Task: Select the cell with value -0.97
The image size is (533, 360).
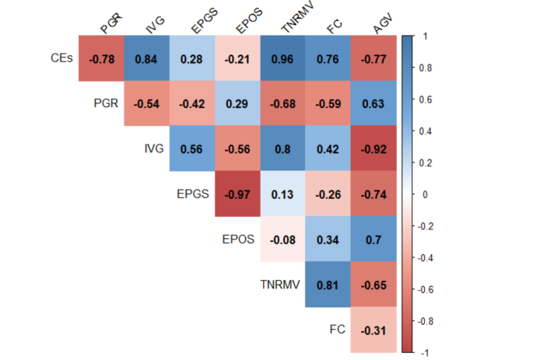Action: click(x=237, y=194)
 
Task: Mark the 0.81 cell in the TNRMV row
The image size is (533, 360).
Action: click(x=328, y=284)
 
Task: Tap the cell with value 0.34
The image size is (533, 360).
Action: click(x=328, y=239)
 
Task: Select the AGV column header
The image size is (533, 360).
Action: click(x=382, y=26)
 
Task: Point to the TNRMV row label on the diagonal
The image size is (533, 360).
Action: click(x=279, y=284)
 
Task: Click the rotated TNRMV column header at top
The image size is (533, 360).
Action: click(x=292, y=23)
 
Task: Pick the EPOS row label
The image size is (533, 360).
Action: click(x=238, y=239)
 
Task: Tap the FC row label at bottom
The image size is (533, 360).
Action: click(x=337, y=329)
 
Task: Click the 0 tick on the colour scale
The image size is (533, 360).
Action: click(x=424, y=194)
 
